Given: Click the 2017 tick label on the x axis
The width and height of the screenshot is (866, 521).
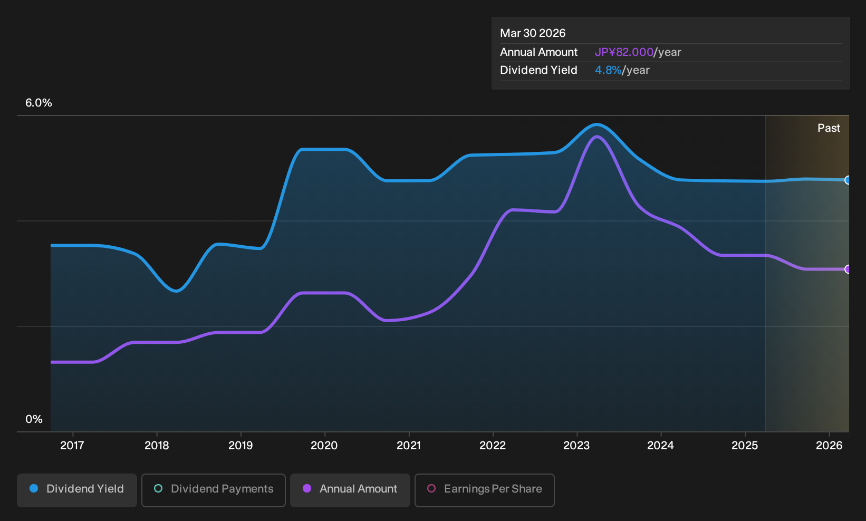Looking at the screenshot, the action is pos(72,445).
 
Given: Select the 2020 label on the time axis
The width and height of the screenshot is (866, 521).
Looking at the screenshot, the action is pos(324,445).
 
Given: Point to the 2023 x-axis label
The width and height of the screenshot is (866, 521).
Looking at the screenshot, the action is pos(576,445).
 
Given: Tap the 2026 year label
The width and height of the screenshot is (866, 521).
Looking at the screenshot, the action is pos(829,445).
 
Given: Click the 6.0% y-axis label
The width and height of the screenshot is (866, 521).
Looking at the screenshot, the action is pos(39,103).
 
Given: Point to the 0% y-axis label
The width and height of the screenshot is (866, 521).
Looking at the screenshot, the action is pos(34,419).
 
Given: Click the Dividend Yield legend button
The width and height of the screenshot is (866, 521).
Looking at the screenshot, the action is pos(77,490).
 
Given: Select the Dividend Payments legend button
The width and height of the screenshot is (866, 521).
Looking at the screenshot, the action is pos(214,490).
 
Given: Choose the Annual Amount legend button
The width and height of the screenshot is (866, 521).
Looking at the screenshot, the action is pos(350,490).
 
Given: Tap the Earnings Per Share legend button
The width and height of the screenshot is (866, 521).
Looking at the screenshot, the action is pos(484,490).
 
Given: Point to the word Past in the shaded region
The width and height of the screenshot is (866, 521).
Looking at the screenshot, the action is pos(829,128).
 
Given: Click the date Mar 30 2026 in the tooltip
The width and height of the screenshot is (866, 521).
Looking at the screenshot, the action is pos(533,33).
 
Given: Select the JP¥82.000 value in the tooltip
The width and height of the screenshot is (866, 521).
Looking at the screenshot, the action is pos(624,52).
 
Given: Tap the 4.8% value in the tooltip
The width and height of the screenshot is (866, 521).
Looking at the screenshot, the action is pos(608,70).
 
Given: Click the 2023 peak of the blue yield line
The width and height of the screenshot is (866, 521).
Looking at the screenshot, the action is pos(597,124).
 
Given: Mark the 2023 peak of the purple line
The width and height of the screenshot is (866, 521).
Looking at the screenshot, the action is pos(598,137).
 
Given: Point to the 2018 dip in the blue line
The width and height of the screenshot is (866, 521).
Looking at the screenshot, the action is pos(176,291).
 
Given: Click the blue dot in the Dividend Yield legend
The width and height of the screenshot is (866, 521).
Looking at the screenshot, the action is pos(34,488).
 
